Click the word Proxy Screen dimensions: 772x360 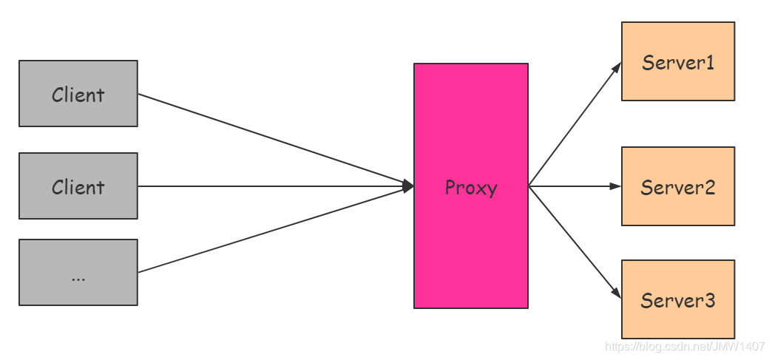pos(471,188)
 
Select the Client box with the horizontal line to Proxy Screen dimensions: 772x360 pos(78,186)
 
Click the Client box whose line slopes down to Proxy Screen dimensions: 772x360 pos(78,94)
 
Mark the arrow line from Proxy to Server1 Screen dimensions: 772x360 pos(575,123)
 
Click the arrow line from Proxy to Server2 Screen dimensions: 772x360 pos(573,186)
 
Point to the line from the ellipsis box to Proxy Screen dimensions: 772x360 pos(274,230)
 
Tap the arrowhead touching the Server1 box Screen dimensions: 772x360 pos(617,67)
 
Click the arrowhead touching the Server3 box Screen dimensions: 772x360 pos(617,294)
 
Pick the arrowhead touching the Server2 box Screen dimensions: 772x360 pos(615,186)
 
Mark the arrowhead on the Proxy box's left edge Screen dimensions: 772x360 pos(407,186)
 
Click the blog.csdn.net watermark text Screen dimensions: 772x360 pos(684,345)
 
